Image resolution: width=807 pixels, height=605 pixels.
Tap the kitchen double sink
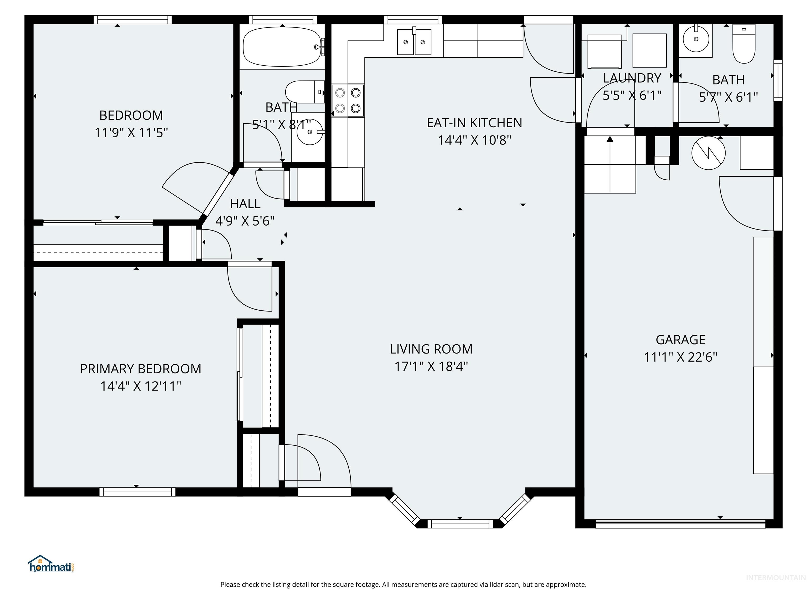coord(414,42)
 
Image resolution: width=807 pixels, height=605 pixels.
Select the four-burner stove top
coord(348,100)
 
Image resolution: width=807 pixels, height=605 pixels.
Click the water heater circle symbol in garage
coord(708,153)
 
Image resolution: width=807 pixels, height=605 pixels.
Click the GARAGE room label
coord(680,340)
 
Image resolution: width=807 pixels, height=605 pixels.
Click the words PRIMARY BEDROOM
coord(141,369)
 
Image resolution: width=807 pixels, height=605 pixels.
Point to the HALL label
coord(245,204)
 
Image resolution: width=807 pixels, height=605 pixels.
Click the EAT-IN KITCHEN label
coord(474,123)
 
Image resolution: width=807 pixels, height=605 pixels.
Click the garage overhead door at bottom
coord(680,524)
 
